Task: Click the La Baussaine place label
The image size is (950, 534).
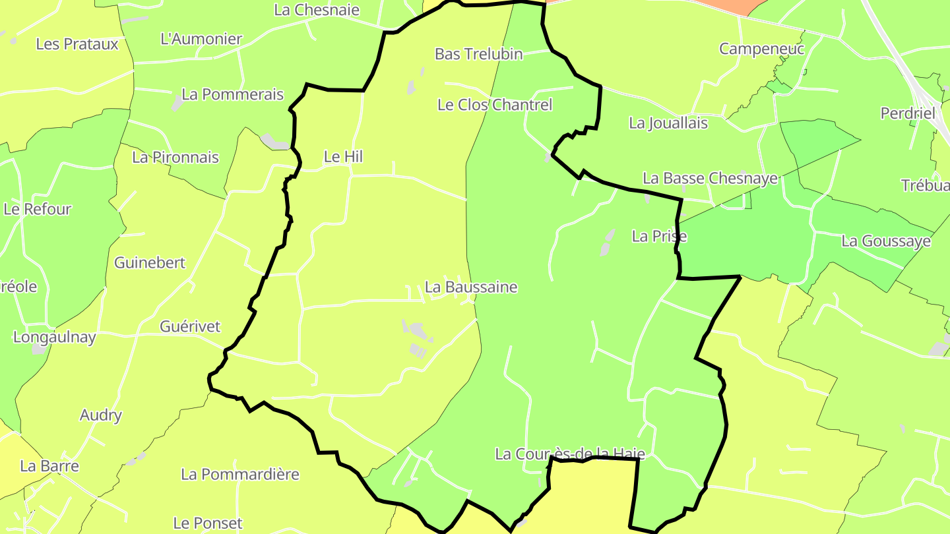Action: click(x=471, y=287)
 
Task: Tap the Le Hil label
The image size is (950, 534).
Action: click(x=343, y=157)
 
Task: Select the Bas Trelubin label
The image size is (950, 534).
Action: click(x=478, y=54)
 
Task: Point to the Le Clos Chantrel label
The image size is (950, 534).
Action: click(x=495, y=105)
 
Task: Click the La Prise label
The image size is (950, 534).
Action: click(x=659, y=236)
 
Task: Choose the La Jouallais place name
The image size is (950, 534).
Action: click(x=668, y=123)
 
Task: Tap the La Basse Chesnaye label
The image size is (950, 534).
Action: click(x=710, y=179)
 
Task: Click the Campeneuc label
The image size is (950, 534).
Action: click(x=761, y=49)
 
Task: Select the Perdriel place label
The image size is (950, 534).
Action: click(x=908, y=113)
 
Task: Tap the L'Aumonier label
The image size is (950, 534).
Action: click(x=201, y=39)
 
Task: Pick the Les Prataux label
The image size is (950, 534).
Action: click(x=77, y=44)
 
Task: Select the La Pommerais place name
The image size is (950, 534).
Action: click(x=232, y=94)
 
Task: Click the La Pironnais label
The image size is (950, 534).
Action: click(x=175, y=158)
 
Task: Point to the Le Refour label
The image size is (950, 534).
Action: click(x=37, y=210)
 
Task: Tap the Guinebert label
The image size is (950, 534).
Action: click(x=150, y=262)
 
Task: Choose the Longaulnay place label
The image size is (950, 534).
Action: click(x=55, y=338)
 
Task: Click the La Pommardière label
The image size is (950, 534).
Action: click(x=240, y=475)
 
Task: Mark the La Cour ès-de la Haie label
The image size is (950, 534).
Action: click(x=569, y=454)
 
